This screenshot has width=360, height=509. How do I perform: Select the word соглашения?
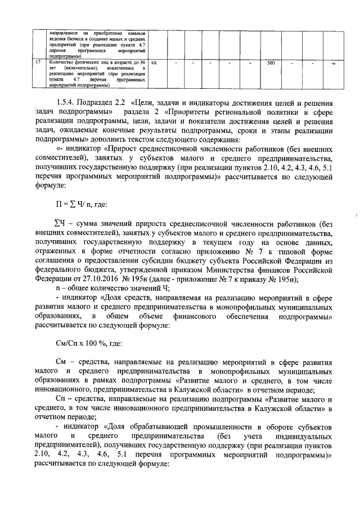point(59,264)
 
